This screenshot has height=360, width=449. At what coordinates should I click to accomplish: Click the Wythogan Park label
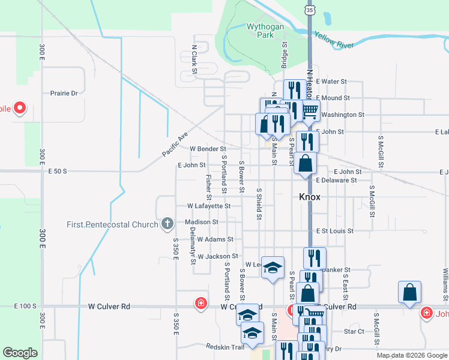pos(261,31)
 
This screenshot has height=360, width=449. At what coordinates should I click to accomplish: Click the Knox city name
pos(310,197)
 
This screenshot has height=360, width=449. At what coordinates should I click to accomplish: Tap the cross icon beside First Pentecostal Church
pos(167,225)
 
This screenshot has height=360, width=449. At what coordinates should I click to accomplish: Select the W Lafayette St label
pos(208,206)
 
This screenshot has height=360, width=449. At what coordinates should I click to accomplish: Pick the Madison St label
pos(202,222)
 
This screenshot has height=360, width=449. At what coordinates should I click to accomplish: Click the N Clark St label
pos(194,62)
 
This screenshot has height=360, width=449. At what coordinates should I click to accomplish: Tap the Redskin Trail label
pos(225,347)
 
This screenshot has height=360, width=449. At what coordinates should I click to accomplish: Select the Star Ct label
pos(354,331)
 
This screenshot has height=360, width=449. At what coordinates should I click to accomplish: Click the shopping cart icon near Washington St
pos(310,110)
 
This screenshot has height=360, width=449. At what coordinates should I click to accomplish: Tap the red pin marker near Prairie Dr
pos(19,109)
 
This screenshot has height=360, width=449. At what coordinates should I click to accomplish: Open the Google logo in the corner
pos(20,353)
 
